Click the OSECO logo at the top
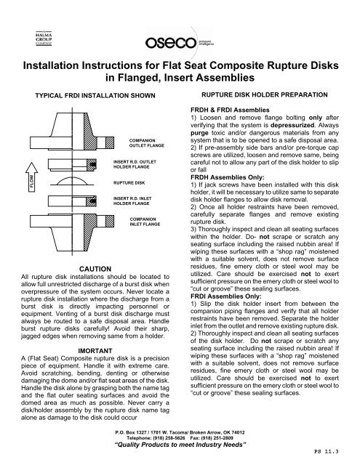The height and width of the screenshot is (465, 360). [179, 43]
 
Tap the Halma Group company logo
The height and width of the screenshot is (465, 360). [44, 39]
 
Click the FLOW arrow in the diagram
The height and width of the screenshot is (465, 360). [31, 177]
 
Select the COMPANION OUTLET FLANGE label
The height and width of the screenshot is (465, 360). [147, 143]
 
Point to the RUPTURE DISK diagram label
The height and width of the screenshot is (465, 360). [129, 182]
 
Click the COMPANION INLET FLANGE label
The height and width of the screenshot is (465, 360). [145, 222]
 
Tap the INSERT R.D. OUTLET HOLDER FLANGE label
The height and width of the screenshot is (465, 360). [135, 164]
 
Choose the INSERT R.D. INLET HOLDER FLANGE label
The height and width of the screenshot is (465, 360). [132, 201]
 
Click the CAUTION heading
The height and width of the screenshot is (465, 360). [95, 269]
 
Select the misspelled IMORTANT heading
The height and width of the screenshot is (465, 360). [95, 351]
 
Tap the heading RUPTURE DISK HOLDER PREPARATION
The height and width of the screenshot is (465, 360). [265, 95]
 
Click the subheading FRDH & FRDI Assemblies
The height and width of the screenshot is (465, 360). [230, 110]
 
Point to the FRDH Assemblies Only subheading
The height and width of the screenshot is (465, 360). [228, 177]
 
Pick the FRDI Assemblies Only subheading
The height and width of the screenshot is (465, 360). [226, 296]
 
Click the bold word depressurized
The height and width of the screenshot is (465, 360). [292, 125]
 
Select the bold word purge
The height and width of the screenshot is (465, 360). [199, 133]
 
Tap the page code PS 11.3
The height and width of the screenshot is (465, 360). [326, 452]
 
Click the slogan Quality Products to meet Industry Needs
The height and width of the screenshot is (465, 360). [180, 445]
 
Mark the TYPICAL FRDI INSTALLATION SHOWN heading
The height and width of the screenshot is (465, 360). [95, 95]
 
